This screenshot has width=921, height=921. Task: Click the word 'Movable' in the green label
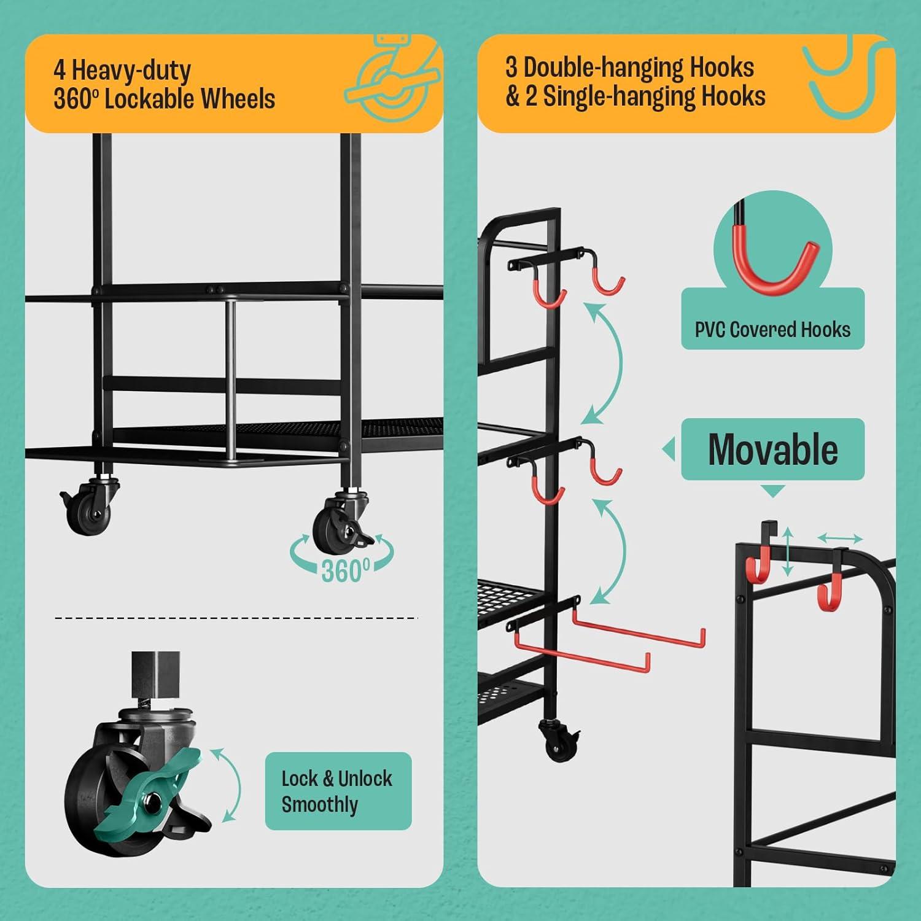point(772,449)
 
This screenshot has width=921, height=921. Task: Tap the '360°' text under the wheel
point(346,570)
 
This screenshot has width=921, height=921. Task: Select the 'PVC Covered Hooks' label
point(772,330)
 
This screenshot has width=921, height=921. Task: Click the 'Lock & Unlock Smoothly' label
point(338,791)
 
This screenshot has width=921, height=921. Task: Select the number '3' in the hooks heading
point(511,68)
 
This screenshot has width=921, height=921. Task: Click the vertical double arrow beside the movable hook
point(787,550)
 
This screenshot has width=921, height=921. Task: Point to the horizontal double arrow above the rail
point(839,538)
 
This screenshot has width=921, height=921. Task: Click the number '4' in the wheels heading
point(60,71)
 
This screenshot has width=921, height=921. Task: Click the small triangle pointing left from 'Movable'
point(668,450)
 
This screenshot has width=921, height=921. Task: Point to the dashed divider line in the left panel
point(236,617)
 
